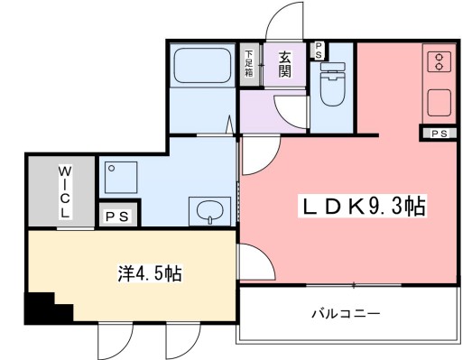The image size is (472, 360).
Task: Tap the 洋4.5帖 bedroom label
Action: pyautogui.click(x=148, y=273)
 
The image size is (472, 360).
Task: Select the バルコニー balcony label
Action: pyautogui.click(x=346, y=314)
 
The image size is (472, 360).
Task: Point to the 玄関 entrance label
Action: pyautogui.click(x=284, y=64)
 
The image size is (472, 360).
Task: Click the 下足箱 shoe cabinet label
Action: pyautogui.click(x=249, y=64)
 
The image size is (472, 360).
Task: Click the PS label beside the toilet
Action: pyautogui.click(x=319, y=51)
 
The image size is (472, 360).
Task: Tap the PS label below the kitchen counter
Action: pyautogui.click(x=439, y=134)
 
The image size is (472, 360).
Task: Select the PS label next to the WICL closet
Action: pyautogui.click(x=116, y=217)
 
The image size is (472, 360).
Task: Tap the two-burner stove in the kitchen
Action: pyautogui.click(x=440, y=61)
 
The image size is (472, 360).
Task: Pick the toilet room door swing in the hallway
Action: pyautogui.click(x=293, y=106)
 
